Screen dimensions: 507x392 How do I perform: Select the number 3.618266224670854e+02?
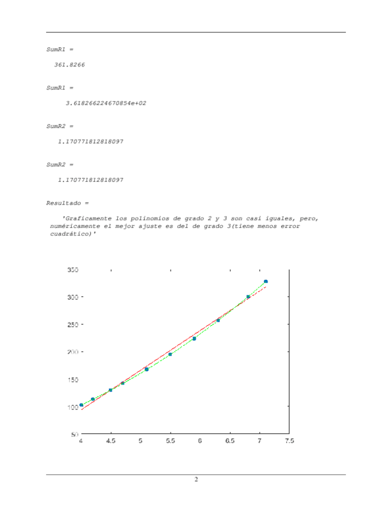point(105,103)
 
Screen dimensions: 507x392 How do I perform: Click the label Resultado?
point(63,203)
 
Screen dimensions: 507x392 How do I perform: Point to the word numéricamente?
point(73,227)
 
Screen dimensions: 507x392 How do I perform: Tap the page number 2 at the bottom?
point(196,479)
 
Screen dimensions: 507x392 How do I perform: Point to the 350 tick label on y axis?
point(72,270)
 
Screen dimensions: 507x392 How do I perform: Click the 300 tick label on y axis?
point(72,297)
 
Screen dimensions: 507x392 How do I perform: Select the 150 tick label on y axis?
point(72,380)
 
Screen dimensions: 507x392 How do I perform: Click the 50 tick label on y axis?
point(74,434)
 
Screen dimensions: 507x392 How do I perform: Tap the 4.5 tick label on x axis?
point(111,441)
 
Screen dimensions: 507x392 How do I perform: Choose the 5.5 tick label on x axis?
point(171,441)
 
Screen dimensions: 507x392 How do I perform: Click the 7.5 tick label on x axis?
point(289,441)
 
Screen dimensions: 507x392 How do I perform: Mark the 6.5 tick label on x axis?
point(230,441)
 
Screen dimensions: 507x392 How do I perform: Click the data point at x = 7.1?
point(266,282)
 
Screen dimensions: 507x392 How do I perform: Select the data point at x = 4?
point(81,405)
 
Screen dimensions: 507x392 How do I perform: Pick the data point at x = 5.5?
point(170,354)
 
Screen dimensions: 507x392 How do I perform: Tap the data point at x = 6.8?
point(248,297)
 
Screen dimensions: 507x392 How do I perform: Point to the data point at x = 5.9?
point(194,338)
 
